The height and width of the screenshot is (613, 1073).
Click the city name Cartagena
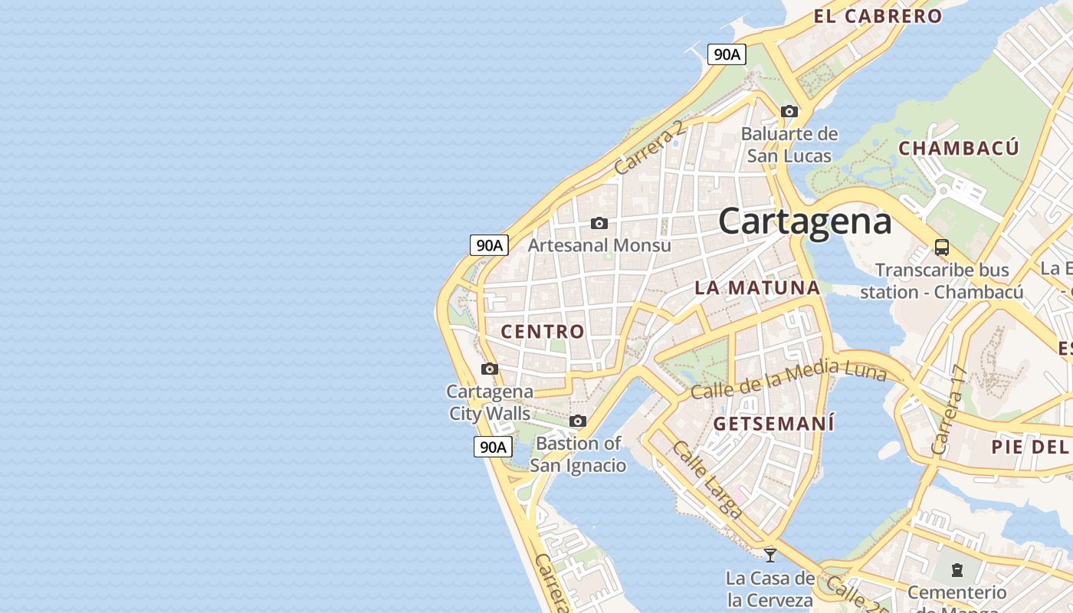(805, 221)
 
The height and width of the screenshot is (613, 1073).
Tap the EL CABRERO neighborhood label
(878, 16)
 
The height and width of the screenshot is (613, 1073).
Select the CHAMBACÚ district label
(959, 148)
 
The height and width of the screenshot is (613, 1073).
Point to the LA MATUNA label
(757, 288)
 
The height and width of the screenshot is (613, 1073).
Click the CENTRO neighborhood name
(543, 332)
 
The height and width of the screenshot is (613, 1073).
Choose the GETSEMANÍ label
(773, 424)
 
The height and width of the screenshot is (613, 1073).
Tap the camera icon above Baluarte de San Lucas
(789, 112)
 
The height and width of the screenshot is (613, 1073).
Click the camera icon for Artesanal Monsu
(599, 224)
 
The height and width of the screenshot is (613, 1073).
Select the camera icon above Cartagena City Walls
(490, 369)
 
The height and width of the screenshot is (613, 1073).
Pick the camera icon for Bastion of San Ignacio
(578, 421)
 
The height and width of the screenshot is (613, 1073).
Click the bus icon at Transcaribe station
(942, 247)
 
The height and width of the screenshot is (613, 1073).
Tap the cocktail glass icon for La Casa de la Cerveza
(770, 555)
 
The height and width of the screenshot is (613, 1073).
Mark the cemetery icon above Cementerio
(957, 570)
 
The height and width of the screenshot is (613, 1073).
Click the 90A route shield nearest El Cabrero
(727, 54)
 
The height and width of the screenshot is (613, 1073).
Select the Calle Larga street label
(707, 480)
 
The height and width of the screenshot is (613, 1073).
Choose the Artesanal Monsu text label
(599, 245)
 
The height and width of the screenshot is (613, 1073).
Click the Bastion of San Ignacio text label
(579, 454)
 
